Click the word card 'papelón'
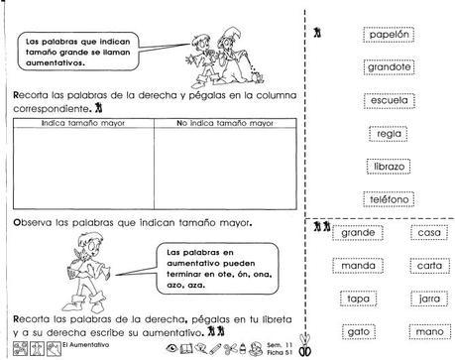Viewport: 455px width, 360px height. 388,35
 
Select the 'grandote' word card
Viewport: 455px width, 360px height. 388,67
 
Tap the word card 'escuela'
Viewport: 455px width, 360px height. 388,100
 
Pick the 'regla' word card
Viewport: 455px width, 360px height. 388,134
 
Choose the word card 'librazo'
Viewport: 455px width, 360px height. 388,167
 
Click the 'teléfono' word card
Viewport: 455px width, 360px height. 388,199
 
